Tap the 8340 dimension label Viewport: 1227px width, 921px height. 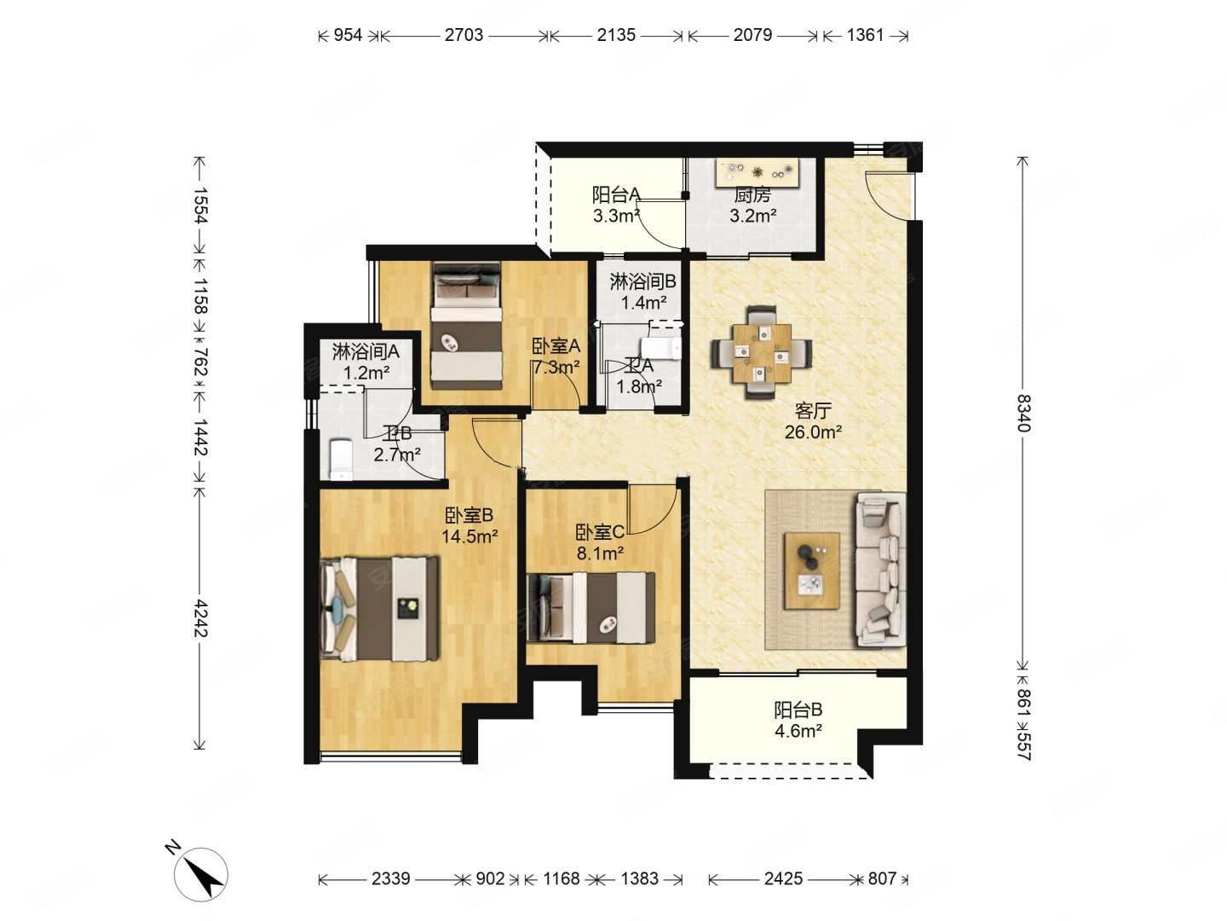click(1022, 414)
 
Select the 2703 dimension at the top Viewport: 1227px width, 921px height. click(464, 35)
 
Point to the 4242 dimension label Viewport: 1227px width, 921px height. click(200, 618)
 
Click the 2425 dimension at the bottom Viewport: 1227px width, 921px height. click(783, 878)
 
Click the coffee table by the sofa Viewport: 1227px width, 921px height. click(812, 571)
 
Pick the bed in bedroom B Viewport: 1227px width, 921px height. click(379, 608)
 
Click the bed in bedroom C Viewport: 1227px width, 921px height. click(591, 607)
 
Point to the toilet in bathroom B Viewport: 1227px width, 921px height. click(341, 460)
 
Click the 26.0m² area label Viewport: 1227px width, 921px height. click(813, 432)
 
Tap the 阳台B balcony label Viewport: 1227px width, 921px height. click(798, 710)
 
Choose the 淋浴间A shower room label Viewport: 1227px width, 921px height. click(365, 352)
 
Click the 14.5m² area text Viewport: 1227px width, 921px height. click(469, 537)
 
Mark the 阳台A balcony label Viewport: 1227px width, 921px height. click(616, 195)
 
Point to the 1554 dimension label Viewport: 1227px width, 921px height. click(200, 205)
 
